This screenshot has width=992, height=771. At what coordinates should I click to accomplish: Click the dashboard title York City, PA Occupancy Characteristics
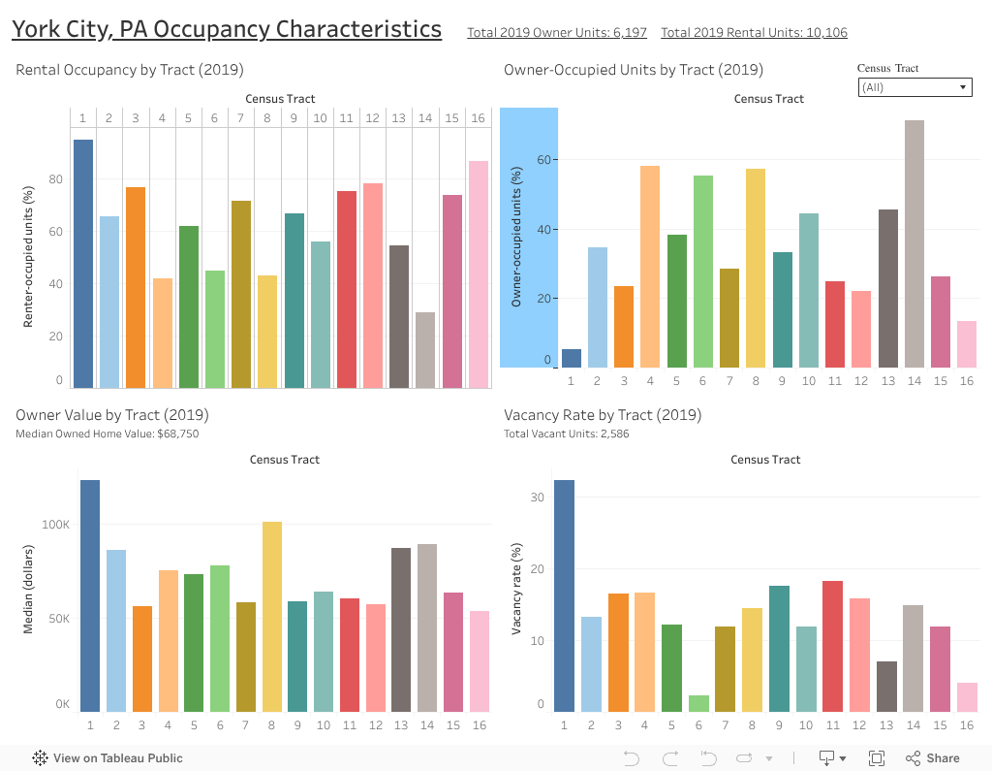click(226, 30)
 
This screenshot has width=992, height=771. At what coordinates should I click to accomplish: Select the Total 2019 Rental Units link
click(754, 33)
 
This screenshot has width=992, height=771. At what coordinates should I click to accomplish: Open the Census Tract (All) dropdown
click(914, 87)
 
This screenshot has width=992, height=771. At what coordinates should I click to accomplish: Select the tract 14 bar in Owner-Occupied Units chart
click(914, 243)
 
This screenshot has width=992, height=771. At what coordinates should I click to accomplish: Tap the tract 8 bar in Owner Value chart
click(272, 617)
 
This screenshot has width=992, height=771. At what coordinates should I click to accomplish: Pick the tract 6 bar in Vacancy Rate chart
click(698, 703)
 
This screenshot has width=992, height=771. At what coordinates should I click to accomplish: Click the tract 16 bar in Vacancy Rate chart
click(967, 697)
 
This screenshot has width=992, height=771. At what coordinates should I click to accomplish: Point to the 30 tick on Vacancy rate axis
click(538, 498)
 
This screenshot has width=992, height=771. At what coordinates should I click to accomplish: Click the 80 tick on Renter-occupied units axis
click(55, 179)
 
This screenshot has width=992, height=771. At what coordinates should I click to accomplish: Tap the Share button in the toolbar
click(933, 758)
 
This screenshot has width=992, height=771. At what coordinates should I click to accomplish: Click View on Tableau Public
click(108, 758)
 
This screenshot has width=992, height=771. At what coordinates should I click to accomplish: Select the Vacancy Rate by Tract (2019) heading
click(603, 415)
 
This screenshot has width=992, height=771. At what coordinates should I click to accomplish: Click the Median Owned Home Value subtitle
click(107, 434)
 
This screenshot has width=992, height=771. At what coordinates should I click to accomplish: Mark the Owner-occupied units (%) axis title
click(516, 238)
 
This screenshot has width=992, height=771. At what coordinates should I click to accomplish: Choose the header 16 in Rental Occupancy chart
click(478, 118)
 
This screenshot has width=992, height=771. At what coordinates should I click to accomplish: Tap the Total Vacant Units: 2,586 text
click(566, 434)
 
